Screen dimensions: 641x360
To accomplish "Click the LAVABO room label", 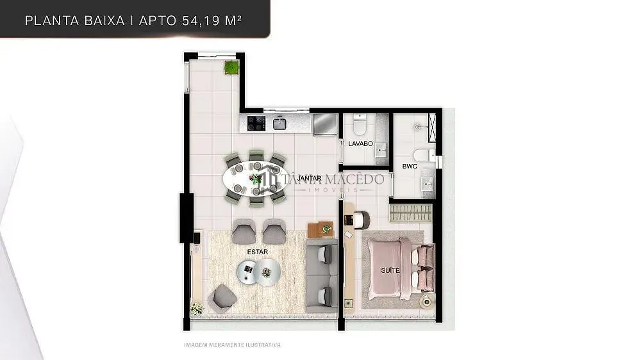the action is click(x=360, y=144).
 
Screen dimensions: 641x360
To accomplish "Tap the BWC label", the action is click(x=410, y=167).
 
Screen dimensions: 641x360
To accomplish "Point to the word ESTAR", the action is click(x=258, y=252).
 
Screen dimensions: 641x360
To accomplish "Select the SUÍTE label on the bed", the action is click(x=390, y=270).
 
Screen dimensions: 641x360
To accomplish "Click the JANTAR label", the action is click(x=309, y=179).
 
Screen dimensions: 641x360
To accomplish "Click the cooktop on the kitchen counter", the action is click(x=256, y=123).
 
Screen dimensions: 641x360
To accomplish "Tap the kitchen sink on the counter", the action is click(x=279, y=123).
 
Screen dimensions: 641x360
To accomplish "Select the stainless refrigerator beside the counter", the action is click(x=325, y=124).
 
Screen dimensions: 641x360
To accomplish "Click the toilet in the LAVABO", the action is click(x=360, y=125).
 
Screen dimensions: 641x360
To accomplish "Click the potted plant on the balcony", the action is click(x=231, y=67).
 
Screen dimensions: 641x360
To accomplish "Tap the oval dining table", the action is click(x=255, y=179).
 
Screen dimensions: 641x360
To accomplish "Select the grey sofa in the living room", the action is click(x=322, y=276).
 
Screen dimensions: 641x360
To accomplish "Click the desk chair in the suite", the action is click(x=362, y=220).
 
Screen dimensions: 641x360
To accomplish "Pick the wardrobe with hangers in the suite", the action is click(x=410, y=213).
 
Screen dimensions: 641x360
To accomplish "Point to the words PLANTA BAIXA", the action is click(x=75, y=20).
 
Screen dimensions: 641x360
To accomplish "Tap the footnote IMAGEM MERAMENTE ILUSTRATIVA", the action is click(x=232, y=345).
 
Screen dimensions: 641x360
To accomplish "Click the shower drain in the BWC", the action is click(x=417, y=127).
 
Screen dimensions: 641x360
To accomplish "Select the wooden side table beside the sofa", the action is click(x=320, y=230).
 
